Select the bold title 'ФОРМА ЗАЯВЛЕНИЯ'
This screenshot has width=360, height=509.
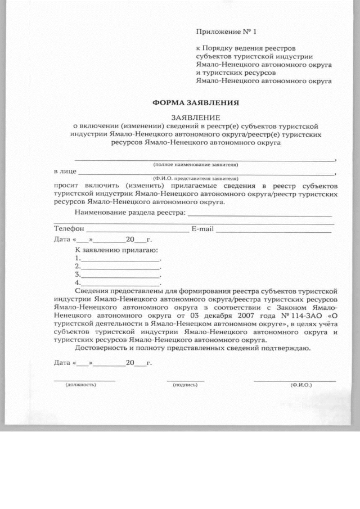point(196,103)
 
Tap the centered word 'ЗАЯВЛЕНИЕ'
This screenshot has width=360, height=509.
point(196,118)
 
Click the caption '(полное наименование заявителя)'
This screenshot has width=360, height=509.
point(196,165)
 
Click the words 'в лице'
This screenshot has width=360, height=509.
point(64,171)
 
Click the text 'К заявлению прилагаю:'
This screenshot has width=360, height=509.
point(116,249)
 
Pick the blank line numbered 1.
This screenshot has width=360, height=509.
point(120,259)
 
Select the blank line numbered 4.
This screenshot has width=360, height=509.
point(120,283)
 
